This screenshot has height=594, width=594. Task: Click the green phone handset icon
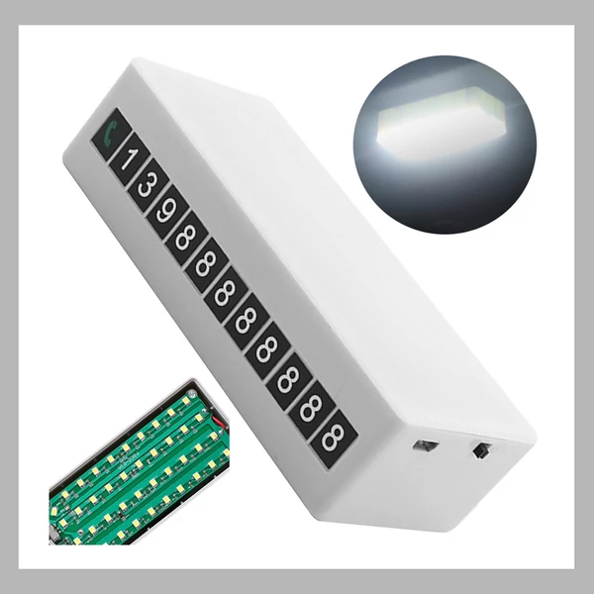[111, 133]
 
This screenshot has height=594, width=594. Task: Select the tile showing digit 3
[148, 185]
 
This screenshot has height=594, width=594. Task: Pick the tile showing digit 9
[167, 212]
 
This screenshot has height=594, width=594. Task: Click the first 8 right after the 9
[186, 238]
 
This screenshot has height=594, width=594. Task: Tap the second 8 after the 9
[206, 264]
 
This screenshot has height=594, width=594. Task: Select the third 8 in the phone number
[226, 294]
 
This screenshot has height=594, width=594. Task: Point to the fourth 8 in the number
[247, 321]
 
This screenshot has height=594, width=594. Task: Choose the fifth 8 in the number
[267, 350]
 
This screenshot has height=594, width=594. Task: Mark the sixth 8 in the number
[289, 380]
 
